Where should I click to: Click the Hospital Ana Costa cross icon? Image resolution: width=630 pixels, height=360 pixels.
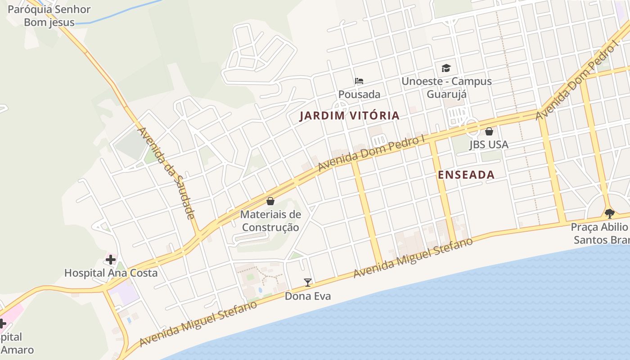tap(111, 260)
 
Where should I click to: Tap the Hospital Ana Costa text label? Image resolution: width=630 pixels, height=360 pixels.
tap(111, 273)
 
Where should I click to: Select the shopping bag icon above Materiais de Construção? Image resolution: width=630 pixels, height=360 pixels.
tap(270, 201)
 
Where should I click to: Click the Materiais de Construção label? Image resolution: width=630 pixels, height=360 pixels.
tap(270, 221)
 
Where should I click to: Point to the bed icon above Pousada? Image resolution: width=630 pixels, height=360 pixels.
tap(359, 81)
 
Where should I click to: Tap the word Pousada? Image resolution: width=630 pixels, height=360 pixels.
tap(359, 94)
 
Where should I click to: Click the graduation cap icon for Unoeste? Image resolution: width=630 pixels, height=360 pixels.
tap(446, 68)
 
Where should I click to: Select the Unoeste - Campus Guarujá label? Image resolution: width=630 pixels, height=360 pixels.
tap(446, 88)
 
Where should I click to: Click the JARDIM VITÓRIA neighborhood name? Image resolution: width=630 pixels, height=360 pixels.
tap(350, 116)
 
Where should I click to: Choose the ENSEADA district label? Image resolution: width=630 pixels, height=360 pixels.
tap(466, 175)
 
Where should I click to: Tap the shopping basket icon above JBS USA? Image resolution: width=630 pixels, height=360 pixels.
tap(489, 131)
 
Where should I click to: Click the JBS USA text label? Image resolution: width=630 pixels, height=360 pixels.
tap(489, 144)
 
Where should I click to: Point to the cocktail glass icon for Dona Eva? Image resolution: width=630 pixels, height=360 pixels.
tap(308, 283)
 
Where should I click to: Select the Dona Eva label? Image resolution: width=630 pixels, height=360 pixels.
tap(308, 296)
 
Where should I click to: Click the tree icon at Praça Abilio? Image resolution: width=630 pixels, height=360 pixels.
tap(610, 213)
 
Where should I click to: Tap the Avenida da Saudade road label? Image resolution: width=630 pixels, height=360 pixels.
tap(166, 173)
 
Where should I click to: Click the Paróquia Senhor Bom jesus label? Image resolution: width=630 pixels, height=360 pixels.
tap(49, 16)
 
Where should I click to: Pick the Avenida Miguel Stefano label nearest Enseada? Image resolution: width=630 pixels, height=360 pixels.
tap(413, 258)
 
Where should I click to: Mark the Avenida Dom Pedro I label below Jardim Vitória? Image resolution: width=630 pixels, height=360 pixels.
tap(372, 153)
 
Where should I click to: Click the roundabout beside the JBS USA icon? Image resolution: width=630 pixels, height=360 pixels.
tap(472, 127)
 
